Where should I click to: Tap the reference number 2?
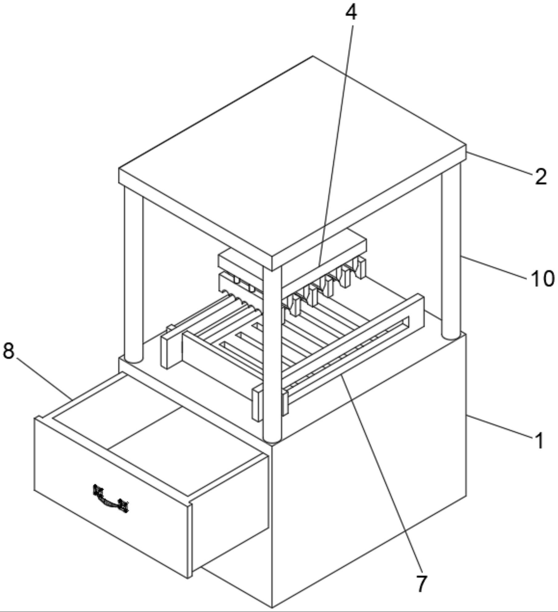click(541, 177)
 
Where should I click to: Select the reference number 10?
click(543, 279)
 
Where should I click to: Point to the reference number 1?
click(539, 441)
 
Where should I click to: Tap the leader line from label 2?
click(499, 164)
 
